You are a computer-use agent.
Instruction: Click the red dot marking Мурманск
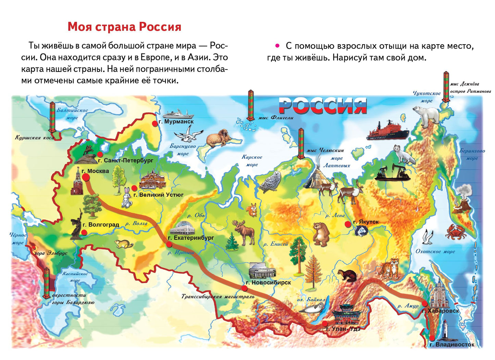coord(155,124)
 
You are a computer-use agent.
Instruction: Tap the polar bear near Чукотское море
coord(426,116)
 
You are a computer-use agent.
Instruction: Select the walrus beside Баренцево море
coord(219,138)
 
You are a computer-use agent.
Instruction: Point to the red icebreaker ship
coord(387,131)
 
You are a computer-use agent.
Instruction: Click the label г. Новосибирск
coord(268,283)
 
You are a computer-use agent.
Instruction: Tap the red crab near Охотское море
coord(456,232)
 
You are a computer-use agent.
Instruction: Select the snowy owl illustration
coord(271,182)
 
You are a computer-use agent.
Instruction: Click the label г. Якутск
coord(366,222)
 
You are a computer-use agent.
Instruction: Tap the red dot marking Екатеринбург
coord(169,244)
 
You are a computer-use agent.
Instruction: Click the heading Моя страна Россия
coord(124,27)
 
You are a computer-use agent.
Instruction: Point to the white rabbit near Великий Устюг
coord(127,198)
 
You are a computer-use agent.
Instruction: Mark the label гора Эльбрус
coord(51,253)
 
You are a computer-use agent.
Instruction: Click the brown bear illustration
coord(321,234)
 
